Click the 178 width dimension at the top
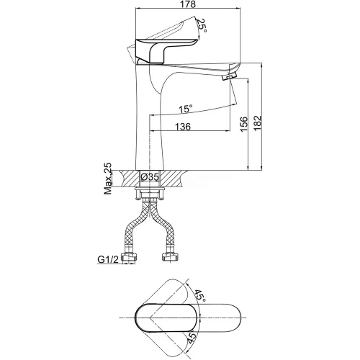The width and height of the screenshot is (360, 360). tap(189, 4)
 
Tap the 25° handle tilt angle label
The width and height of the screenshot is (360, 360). tap(202, 26)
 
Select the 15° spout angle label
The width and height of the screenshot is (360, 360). tap(186, 109)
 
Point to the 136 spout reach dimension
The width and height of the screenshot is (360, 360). tap(183, 127)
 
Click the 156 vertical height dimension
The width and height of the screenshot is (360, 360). tap(244, 124)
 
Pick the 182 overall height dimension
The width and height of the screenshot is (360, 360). tap(258, 123)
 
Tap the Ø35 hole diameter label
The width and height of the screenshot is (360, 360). tap(150, 177)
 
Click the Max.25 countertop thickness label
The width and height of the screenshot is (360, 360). tap(108, 179)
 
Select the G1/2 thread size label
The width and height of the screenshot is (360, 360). tap(108, 259)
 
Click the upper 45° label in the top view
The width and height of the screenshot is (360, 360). tap(200, 296)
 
